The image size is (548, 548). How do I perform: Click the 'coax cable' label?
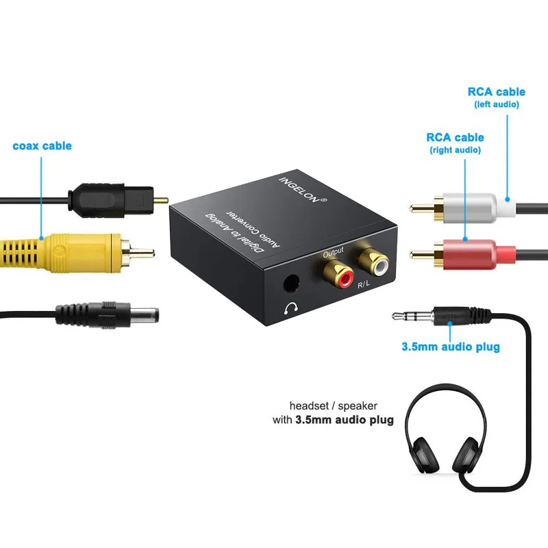[x=42, y=146]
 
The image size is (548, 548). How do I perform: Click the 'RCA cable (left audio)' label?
[x=497, y=97]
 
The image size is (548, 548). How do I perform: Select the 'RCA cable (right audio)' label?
[x=455, y=142]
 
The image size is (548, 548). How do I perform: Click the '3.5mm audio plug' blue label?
[x=450, y=347]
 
